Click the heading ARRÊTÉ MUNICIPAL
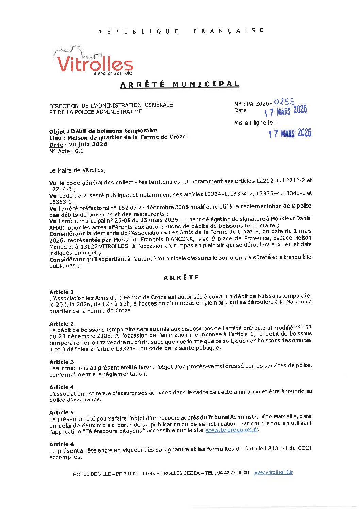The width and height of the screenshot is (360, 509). click(180, 84)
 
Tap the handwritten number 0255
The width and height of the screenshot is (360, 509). click(284, 101)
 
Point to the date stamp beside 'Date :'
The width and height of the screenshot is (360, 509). click(285, 111)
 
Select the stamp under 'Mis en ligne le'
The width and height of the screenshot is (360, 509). click(290, 133)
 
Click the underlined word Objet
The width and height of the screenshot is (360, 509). click(57, 131)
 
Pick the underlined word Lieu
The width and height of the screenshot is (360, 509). click(55, 138)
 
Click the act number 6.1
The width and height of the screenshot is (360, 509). click(79, 151)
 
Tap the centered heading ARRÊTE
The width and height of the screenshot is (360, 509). click(181, 278)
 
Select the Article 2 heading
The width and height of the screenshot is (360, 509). click(62, 324)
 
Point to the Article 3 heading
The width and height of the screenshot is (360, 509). click(62, 362)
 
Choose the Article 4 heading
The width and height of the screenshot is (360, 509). click(62, 387)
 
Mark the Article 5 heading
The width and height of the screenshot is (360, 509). click(62, 412)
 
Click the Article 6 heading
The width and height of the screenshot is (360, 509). click(62, 444)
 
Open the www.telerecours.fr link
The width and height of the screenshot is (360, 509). click(231, 430)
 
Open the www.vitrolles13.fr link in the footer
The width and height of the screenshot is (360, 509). click(273, 472)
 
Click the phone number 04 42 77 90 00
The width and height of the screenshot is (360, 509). click(233, 473)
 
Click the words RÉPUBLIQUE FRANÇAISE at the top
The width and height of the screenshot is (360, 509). click(181, 31)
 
